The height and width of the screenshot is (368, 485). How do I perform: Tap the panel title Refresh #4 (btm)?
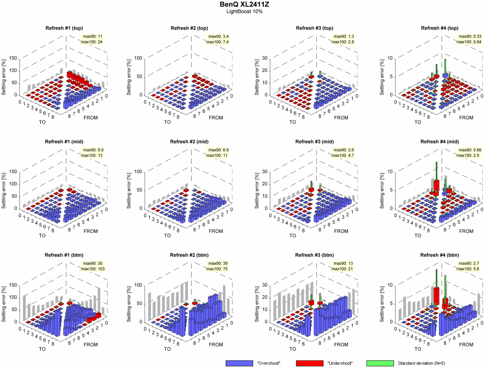(440, 255)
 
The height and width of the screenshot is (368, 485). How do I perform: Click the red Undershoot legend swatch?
(310, 363)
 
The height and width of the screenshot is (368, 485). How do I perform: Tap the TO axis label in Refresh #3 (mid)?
(292, 235)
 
